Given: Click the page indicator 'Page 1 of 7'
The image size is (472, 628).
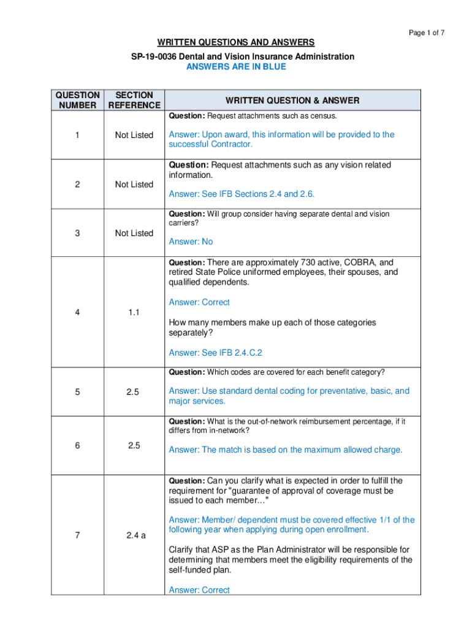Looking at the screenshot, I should tap(426, 33).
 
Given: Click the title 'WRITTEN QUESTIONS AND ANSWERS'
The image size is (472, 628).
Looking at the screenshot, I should tap(236, 42).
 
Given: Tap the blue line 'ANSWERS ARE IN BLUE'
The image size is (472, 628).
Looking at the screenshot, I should tap(236, 66).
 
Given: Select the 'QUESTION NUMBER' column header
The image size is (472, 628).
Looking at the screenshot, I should tap(77, 100).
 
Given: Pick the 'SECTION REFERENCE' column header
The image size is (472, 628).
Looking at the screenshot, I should tap(134, 100).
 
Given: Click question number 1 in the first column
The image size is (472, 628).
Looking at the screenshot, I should tap(77, 135).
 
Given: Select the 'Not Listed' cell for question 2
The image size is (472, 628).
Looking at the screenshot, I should tap(134, 184).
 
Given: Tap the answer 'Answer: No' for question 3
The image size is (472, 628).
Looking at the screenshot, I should tap(191, 242).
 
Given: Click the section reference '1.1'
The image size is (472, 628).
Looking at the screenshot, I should tap(134, 312).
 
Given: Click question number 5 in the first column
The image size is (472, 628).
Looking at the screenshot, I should tap(77, 391).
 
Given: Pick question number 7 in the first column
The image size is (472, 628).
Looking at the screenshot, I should tap(77, 535).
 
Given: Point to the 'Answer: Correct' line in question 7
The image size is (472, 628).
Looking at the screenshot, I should tap(199, 590).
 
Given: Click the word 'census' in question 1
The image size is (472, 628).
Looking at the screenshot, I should tap(323, 116).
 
